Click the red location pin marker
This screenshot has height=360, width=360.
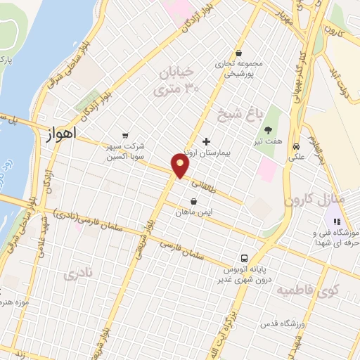click(181, 166)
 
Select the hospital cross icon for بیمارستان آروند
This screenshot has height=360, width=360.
click(205, 141)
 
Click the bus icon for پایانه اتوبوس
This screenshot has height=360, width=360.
click(245, 257)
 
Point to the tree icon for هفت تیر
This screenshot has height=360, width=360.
click(269, 129)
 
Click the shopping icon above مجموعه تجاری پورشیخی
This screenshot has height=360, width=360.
click(239, 53)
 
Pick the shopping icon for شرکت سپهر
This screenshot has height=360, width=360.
click(124, 136)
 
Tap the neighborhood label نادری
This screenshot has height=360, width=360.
click(77, 274)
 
